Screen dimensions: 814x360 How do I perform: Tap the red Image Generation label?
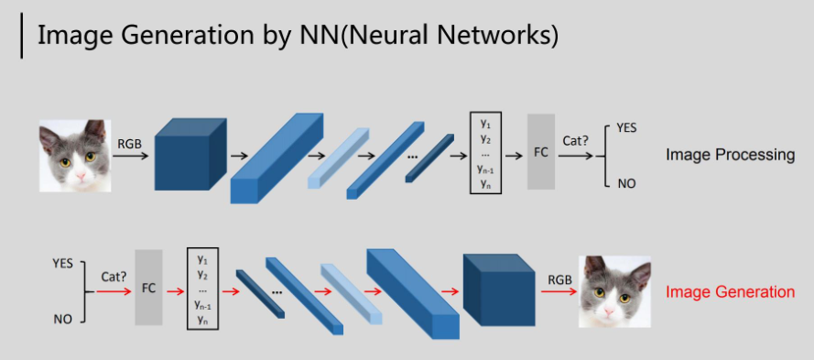730,292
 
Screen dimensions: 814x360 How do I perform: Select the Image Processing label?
730,154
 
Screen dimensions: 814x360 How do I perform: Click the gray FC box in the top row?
541,152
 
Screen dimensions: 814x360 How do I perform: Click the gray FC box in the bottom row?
148,288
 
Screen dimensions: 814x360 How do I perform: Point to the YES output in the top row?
626,128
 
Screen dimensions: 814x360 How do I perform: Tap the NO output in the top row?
626,183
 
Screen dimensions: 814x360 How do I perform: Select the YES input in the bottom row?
63,264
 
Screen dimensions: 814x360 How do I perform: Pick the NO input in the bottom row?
63,320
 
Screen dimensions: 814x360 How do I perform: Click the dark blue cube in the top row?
190,154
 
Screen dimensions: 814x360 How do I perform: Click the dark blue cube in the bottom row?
499,289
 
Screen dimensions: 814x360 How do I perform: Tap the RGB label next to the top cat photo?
129,144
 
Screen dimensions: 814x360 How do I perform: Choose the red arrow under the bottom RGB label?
559,291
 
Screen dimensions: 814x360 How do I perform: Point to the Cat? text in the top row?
575,141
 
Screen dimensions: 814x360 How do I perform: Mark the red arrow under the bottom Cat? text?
114,291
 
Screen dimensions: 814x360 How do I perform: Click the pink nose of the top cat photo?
81,177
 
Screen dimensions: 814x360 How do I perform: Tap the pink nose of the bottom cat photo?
610,311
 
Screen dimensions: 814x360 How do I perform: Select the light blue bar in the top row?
339,158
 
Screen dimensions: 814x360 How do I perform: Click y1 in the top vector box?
485,125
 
